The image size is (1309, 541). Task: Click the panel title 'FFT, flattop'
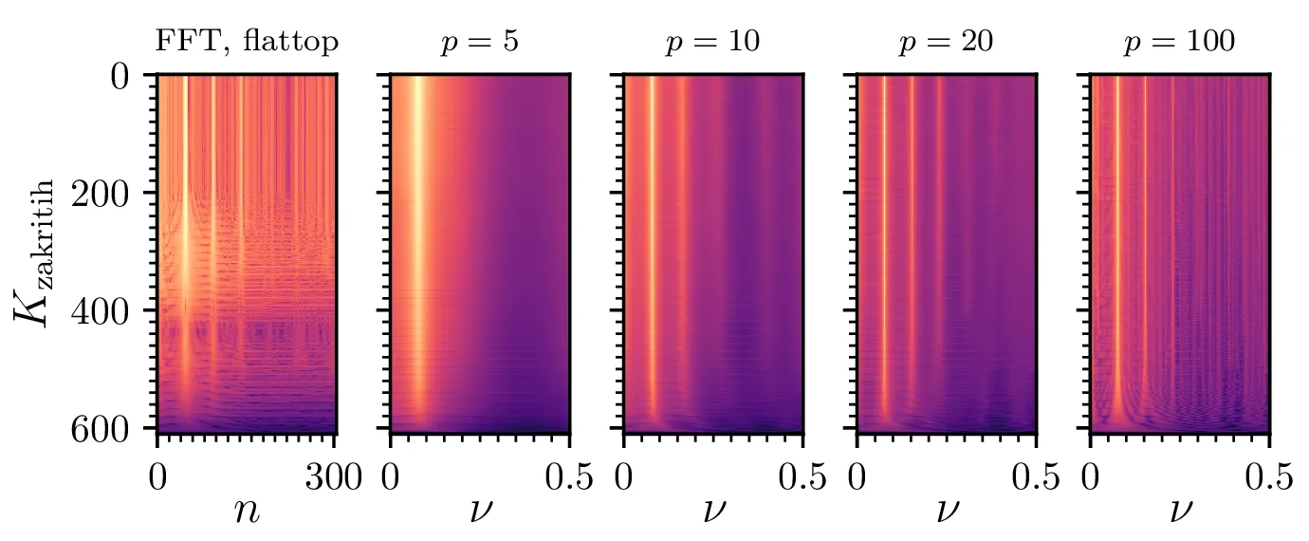coord(246,43)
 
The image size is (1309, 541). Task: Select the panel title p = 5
coord(479,44)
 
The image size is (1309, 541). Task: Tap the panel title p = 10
coord(712,44)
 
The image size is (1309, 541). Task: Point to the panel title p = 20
coord(947,44)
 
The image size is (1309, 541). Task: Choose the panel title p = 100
coord(1180,44)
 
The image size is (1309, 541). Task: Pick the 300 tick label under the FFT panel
coord(332,476)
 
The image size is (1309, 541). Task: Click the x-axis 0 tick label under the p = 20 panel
coord(857,476)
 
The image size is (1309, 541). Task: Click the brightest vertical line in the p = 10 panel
coord(652,247)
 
